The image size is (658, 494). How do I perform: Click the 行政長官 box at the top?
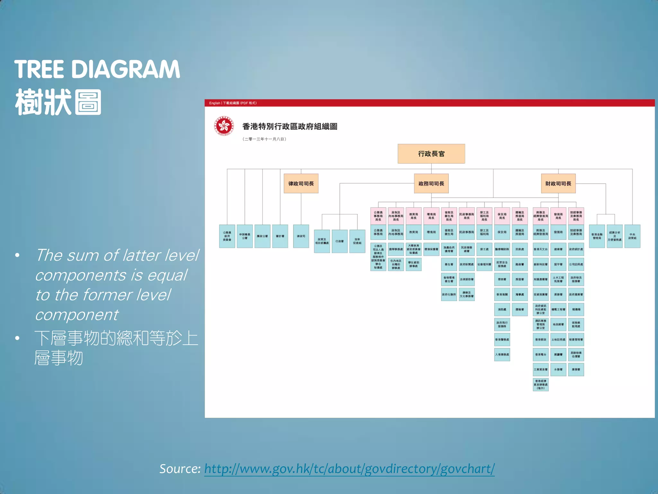pyautogui.click(x=431, y=154)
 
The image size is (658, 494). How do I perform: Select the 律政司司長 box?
pyautogui.click(x=301, y=184)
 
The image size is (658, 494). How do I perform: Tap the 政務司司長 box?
pyautogui.click(x=431, y=184)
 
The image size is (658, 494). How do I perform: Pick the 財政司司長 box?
pyautogui.click(x=558, y=184)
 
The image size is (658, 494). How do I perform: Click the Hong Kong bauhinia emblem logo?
pyautogui.click(x=224, y=126)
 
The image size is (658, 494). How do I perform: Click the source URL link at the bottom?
pyautogui.click(x=349, y=469)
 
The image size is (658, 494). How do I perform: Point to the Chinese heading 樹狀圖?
pyautogui.click(x=58, y=102)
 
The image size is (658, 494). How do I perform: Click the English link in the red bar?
pyautogui.click(x=214, y=103)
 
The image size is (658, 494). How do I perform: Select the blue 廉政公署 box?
pyautogui.click(x=262, y=236)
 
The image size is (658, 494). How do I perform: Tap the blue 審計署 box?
pyautogui.click(x=280, y=236)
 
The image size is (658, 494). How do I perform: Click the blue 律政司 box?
pyautogui.click(x=301, y=236)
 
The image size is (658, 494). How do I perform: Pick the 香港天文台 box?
pyautogui.click(x=540, y=249)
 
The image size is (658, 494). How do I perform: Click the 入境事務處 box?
pyautogui.click(x=502, y=354)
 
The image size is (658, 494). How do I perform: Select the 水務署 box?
pyautogui.click(x=558, y=370)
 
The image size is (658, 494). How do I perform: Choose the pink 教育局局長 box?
pyautogui.click(x=413, y=216)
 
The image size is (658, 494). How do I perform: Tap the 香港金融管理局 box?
pyautogui.click(x=597, y=236)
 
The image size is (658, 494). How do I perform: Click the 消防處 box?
pyautogui.click(x=502, y=309)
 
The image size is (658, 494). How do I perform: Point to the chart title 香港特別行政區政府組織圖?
pyautogui.click(x=289, y=126)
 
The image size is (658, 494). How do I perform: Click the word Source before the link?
pyautogui.click(x=180, y=469)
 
